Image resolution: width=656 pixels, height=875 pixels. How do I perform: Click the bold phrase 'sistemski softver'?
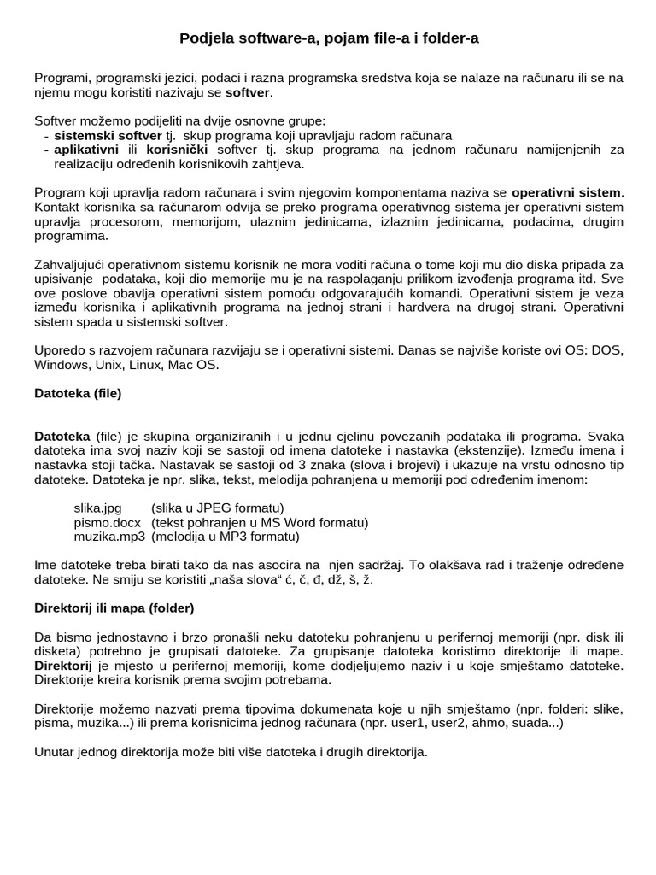tap(108, 136)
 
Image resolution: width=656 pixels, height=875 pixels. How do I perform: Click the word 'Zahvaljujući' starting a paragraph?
tap(73, 265)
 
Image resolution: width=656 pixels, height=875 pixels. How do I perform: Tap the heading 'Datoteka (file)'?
tap(78, 394)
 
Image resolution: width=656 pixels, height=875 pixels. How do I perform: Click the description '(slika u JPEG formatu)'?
tap(218, 508)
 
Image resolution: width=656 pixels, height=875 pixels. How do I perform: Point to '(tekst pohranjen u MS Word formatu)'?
tap(260, 522)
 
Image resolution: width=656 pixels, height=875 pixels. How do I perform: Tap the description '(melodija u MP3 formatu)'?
tap(225, 537)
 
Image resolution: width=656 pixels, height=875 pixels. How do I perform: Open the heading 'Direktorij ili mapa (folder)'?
tap(114, 608)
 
